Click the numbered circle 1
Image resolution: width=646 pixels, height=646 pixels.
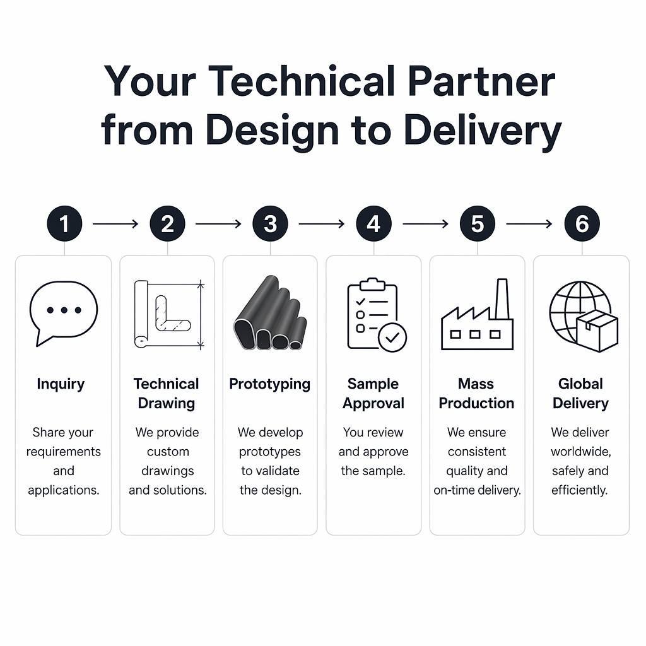[x=64, y=224]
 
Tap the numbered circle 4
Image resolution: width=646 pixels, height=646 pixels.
[x=373, y=224]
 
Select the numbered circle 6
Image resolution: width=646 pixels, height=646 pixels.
[x=582, y=224]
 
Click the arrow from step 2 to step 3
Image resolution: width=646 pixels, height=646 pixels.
[x=218, y=224]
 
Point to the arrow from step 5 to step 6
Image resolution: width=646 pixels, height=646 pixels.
[x=529, y=224]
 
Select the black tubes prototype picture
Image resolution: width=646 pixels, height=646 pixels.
[x=270, y=313]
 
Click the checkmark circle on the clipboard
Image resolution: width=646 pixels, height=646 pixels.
[x=392, y=338]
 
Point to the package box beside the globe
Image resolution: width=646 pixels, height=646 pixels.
[x=597, y=331]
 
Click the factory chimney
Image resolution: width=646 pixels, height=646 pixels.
[x=502, y=298]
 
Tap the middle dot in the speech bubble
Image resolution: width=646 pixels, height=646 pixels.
[x=64, y=310]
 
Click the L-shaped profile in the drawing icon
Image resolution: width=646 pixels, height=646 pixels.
[x=172, y=314]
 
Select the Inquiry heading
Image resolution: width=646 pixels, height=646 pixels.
[x=61, y=384]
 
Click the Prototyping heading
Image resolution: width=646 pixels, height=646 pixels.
[x=270, y=384]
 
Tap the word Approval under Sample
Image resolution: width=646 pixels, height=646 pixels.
[x=373, y=404]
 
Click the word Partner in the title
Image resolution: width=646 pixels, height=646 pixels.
[x=481, y=81]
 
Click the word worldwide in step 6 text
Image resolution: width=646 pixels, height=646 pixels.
[x=580, y=452]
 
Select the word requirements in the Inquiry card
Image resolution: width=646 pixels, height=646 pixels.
[x=64, y=452]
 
